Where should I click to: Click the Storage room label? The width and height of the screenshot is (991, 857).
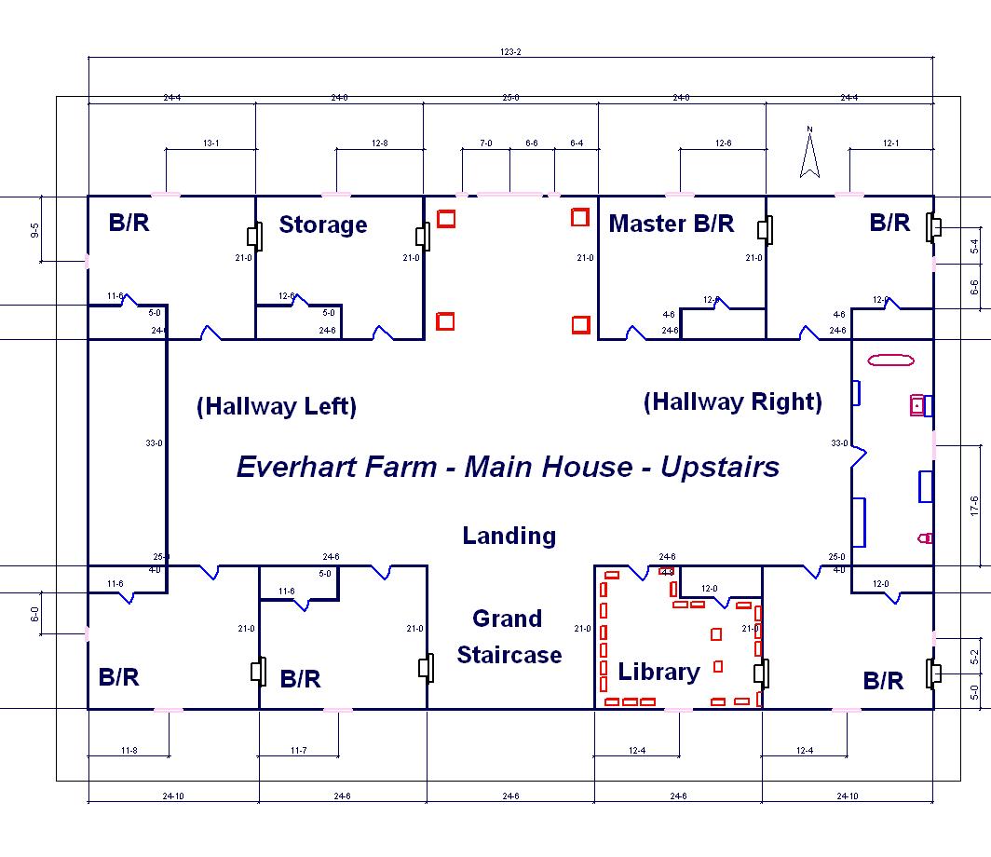coord(323,224)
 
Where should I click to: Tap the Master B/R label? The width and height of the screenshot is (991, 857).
coord(672,224)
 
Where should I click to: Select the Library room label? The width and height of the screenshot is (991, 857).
coord(658,672)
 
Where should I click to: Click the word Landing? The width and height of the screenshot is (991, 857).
coord(509,536)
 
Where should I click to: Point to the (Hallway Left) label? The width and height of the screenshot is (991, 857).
coord(277,406)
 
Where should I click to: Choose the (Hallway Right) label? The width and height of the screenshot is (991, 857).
coord(732,402)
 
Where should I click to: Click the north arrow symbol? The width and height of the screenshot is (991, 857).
coord(809,153)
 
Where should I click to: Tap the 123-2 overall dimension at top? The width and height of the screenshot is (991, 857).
coord(510,52)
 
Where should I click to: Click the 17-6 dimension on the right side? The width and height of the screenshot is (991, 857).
coord(974,506)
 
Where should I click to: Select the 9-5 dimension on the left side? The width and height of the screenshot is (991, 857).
coord(34,230)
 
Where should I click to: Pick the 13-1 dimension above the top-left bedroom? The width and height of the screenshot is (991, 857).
coord(211,143)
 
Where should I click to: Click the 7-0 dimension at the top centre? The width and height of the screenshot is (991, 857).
coord(485,143)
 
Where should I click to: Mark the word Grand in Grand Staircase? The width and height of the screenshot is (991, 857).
coord(507,619)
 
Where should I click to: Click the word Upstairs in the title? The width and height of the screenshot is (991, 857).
coord(720,468)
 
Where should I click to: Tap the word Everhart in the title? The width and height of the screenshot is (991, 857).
coord(336,467)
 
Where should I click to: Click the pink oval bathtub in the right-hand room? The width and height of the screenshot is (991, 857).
coord(891,360)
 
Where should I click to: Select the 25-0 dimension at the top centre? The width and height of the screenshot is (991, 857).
coord(510,98)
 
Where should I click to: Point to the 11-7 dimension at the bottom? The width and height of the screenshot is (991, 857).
coord(298,751)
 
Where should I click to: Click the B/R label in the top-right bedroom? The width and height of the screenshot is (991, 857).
coord(889,223)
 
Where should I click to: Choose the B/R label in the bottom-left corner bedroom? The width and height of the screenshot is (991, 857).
coord(119,677)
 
